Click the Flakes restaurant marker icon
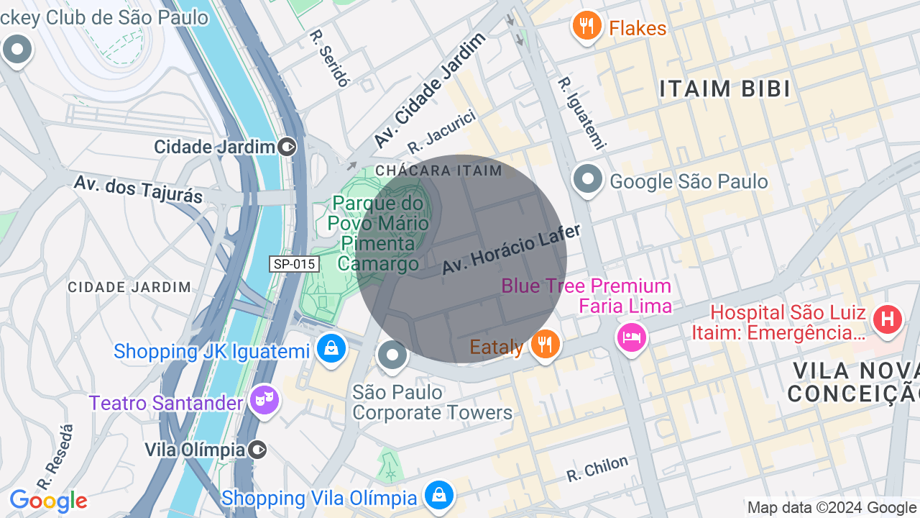[587, 27]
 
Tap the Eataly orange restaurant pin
[546, 345]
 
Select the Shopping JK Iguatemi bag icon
[331, 349]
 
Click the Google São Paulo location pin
[588, 179]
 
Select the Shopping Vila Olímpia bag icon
[438, 495]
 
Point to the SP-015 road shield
[295, 264]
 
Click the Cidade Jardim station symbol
[287, 147]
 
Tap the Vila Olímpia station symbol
[258, 450]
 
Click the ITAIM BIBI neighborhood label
[725, 89]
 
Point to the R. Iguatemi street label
[582, 113]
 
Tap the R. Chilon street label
[597, 469]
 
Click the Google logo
[48, 501]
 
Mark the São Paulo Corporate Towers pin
[392, 355]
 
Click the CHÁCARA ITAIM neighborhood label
[438, 171]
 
